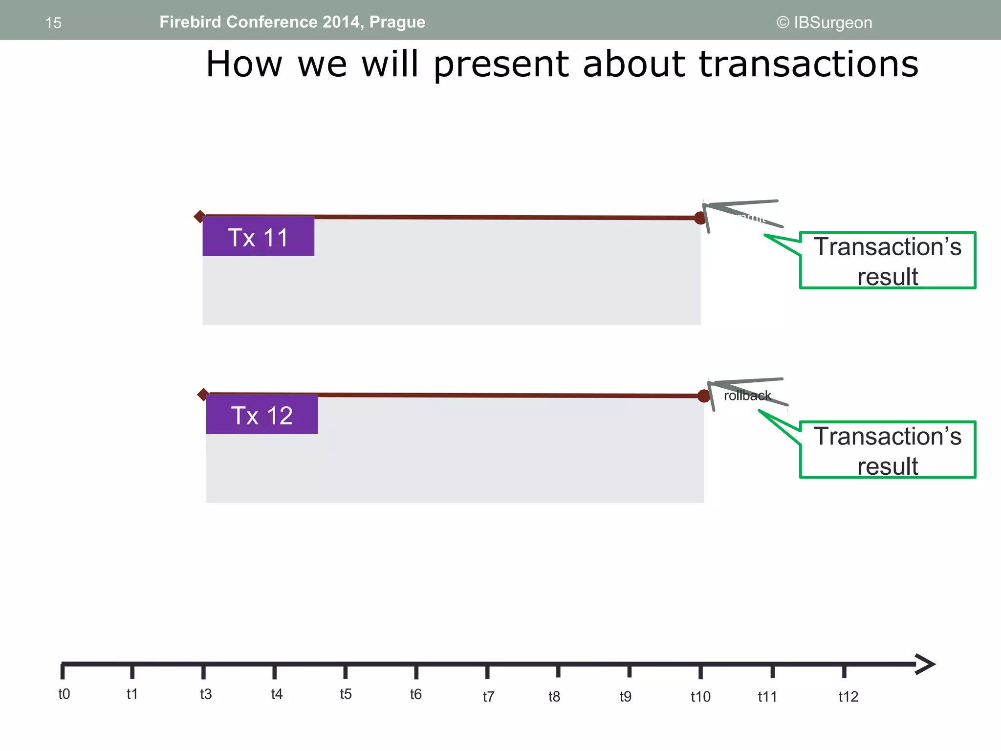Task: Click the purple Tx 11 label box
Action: (258, 237)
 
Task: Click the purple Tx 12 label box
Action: (261, 415)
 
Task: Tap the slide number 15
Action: (53, 23)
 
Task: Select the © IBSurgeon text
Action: (824, 22)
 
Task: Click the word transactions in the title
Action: (808, 64)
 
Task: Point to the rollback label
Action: (747, 396)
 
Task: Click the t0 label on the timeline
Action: (64, 694)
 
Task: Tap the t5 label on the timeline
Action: (346, 694)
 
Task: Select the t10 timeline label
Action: (700, 696)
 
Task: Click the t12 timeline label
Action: (848, 696)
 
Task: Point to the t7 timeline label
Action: (488, 696)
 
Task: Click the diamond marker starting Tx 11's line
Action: (199, 216)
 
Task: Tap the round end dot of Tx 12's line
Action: (704, 396)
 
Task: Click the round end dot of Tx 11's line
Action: (700, 218)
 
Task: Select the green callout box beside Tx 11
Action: (887, 261)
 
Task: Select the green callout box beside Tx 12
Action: (887, 450)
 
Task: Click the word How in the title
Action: (244, 64)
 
